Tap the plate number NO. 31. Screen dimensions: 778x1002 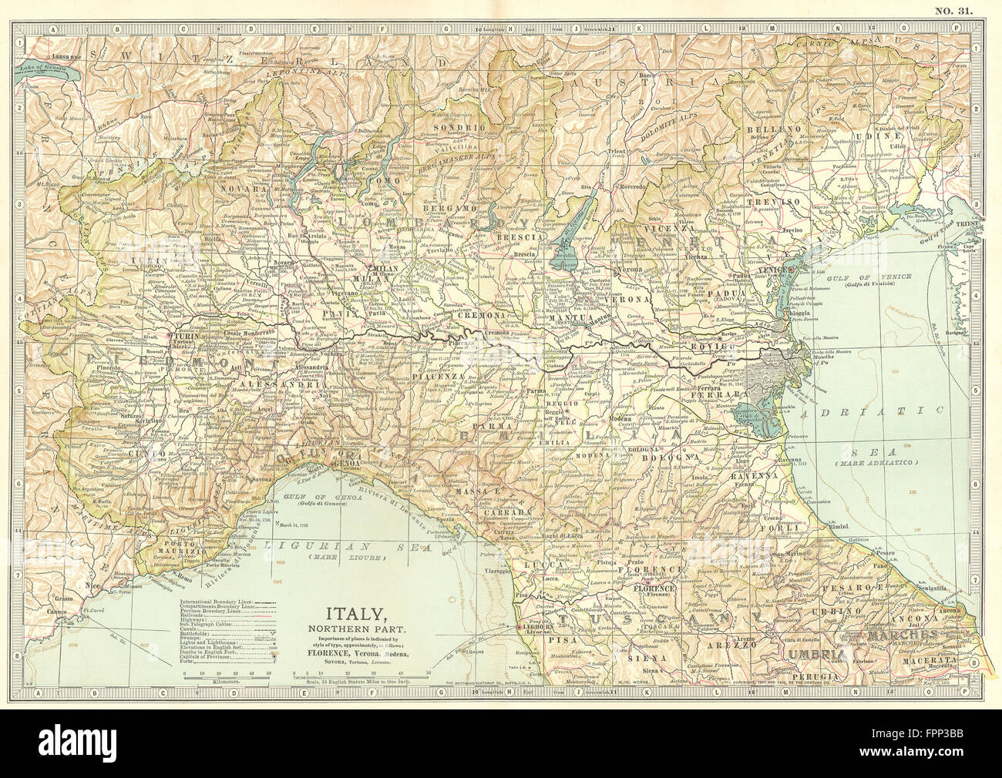tap(955, 10)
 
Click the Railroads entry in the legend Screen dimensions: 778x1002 tap(203, 616)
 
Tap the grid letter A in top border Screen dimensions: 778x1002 tap(54, 29)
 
